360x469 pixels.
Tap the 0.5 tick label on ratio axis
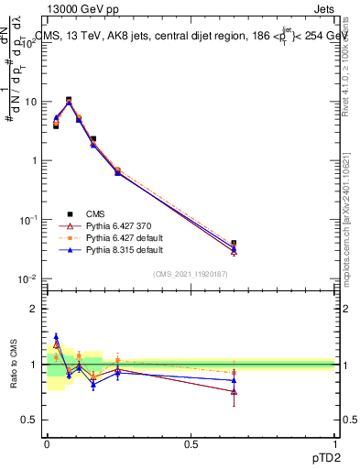click(32, 420)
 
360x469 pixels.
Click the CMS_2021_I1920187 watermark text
click(191, 273)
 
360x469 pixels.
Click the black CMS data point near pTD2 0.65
click(234, 244)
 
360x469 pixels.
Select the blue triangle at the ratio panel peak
click(56, 336)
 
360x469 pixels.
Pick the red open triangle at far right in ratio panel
click(234, 391)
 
